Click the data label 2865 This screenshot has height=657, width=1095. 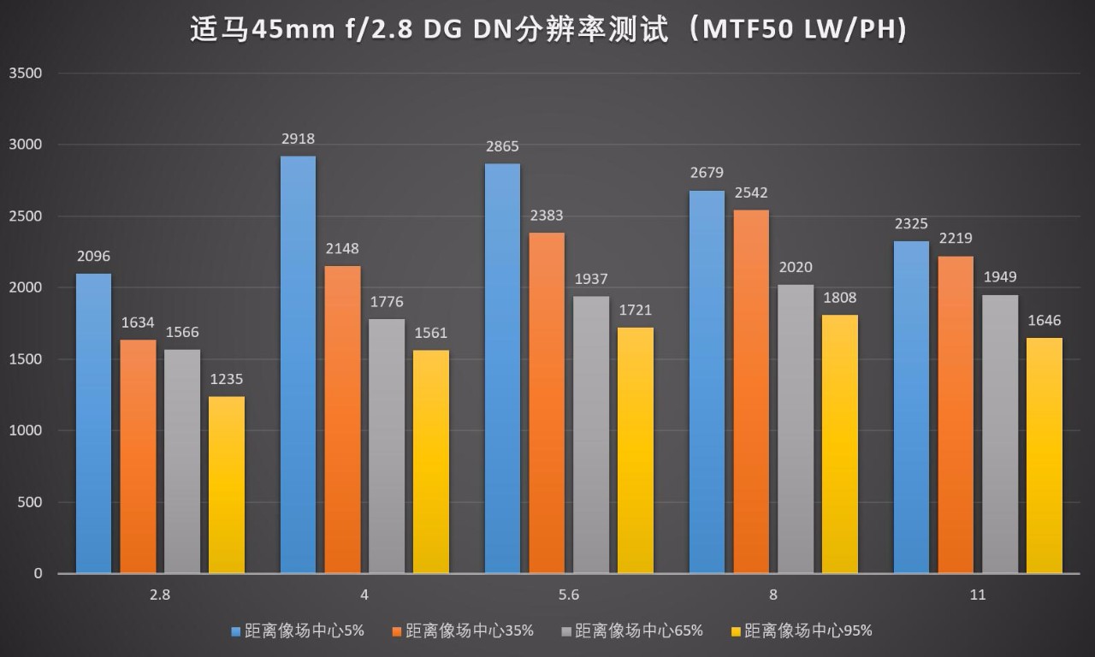(x=502, y=147)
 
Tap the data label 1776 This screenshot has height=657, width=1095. (x=387, y=302)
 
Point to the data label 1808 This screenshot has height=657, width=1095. (x=839, y=299)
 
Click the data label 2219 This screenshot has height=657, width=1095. (x=956, y=239)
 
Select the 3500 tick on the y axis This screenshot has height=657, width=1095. (x=26, y=74)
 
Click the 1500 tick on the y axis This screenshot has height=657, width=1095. (x=26, y=359)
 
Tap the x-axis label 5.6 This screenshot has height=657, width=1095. (x=569, y=595)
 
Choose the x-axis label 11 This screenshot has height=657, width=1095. (x=978, y=595)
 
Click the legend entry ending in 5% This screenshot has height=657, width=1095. (x=305, y=631)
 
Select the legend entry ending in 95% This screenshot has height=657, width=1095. (x=808, y=631)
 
